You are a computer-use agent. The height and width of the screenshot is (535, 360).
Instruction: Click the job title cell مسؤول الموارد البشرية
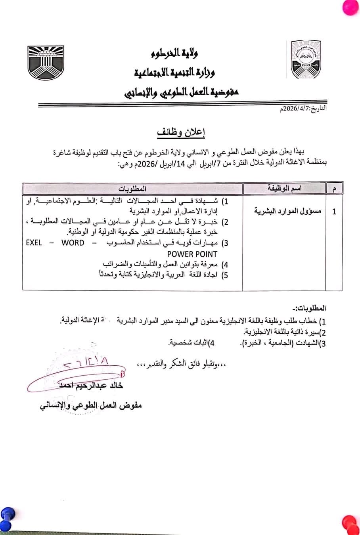pos(284,211)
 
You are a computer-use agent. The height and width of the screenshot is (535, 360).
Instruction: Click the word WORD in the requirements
pos(73,243)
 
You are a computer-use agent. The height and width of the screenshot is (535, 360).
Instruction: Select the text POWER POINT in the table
pos(192,254)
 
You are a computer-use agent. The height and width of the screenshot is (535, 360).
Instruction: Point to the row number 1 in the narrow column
pos(334,212)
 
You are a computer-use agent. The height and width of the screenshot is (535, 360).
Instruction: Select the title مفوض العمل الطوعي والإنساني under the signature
pos(91,405)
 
